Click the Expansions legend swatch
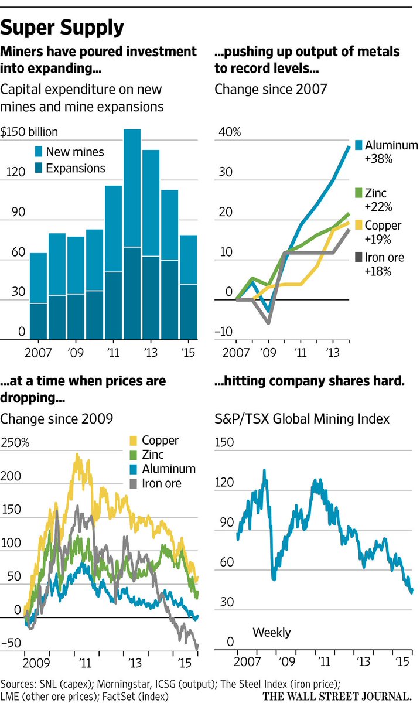tap(37, 169)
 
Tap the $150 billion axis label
tap(29, 132)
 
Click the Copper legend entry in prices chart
tap(161, 441)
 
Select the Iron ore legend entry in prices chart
tap(163, 483)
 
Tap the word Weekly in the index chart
tap(271, 633)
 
